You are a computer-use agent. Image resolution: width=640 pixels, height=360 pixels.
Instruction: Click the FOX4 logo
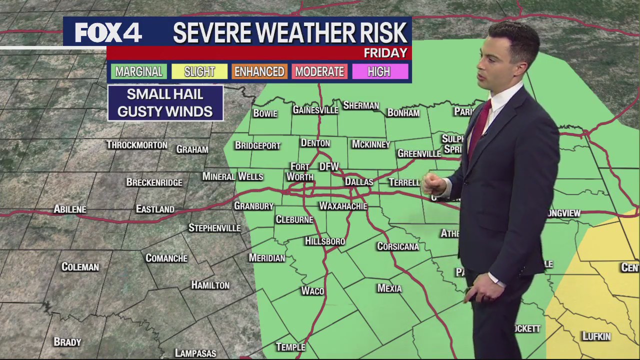(x=108, y=33)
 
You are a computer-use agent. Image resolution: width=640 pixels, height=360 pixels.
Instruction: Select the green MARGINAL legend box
(x=139, y=71)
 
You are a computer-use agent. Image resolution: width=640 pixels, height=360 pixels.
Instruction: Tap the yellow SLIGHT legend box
(x=199, y=71)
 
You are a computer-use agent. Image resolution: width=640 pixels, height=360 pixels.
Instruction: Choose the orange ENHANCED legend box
(x=259, y=71)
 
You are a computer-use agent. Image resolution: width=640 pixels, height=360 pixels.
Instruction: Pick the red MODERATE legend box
(x=319, y=71)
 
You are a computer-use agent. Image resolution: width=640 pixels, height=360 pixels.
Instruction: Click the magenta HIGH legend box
(x=379, y=71)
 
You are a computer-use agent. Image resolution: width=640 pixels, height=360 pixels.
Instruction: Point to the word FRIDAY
(x=385, y=53)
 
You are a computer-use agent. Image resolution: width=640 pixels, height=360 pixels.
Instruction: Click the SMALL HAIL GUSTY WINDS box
(x=165, y=103)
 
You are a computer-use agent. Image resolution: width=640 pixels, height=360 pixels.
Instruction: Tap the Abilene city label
(x=70, y=209)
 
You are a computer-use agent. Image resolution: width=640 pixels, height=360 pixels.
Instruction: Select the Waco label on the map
(x=312, y=291)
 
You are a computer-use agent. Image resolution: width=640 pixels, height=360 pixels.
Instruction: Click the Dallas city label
(x=359, y=182)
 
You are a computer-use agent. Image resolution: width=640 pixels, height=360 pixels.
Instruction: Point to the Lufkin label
(x=596, y=336)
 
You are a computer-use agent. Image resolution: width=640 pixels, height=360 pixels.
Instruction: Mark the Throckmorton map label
(x=136, y=145)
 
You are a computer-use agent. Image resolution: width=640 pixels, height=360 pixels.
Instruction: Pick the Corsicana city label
(x=398, y=246)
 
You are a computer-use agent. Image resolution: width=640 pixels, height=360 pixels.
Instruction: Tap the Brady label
(x=67, y=342)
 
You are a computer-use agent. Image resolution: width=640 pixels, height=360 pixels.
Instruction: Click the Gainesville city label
(x=315, y=110)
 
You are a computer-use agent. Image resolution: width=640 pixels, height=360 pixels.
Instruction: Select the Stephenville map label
(x=214, y=228)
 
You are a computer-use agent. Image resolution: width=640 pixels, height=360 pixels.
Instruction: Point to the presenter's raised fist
(x=433, y=185)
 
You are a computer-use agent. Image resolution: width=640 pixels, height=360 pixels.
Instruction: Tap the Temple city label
(x=290, y=347)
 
